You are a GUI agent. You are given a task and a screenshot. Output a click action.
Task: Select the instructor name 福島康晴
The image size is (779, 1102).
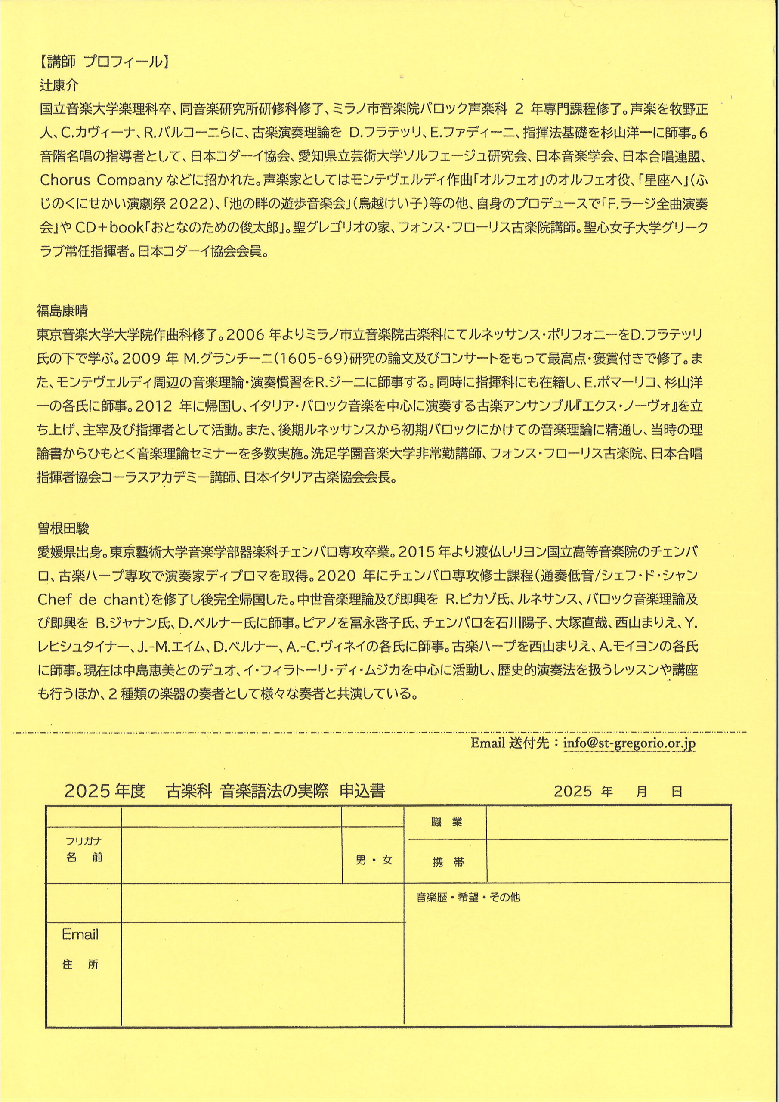click(x=62, y=311)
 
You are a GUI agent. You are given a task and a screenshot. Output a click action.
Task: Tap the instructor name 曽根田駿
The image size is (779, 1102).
click(x=63, y=529)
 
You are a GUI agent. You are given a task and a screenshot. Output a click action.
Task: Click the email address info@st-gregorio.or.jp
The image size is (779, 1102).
click(x=629, y=743)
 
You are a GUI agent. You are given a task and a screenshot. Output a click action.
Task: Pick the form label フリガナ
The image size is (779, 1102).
click(x=83, y=841)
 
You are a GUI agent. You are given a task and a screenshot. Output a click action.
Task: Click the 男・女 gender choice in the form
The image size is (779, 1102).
click(x=374, y=860)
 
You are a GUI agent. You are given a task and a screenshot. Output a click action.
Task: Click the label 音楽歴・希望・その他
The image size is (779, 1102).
click(x=468, y=897)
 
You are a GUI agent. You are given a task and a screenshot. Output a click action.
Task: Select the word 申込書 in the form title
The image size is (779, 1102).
click(x=362, y=790)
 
